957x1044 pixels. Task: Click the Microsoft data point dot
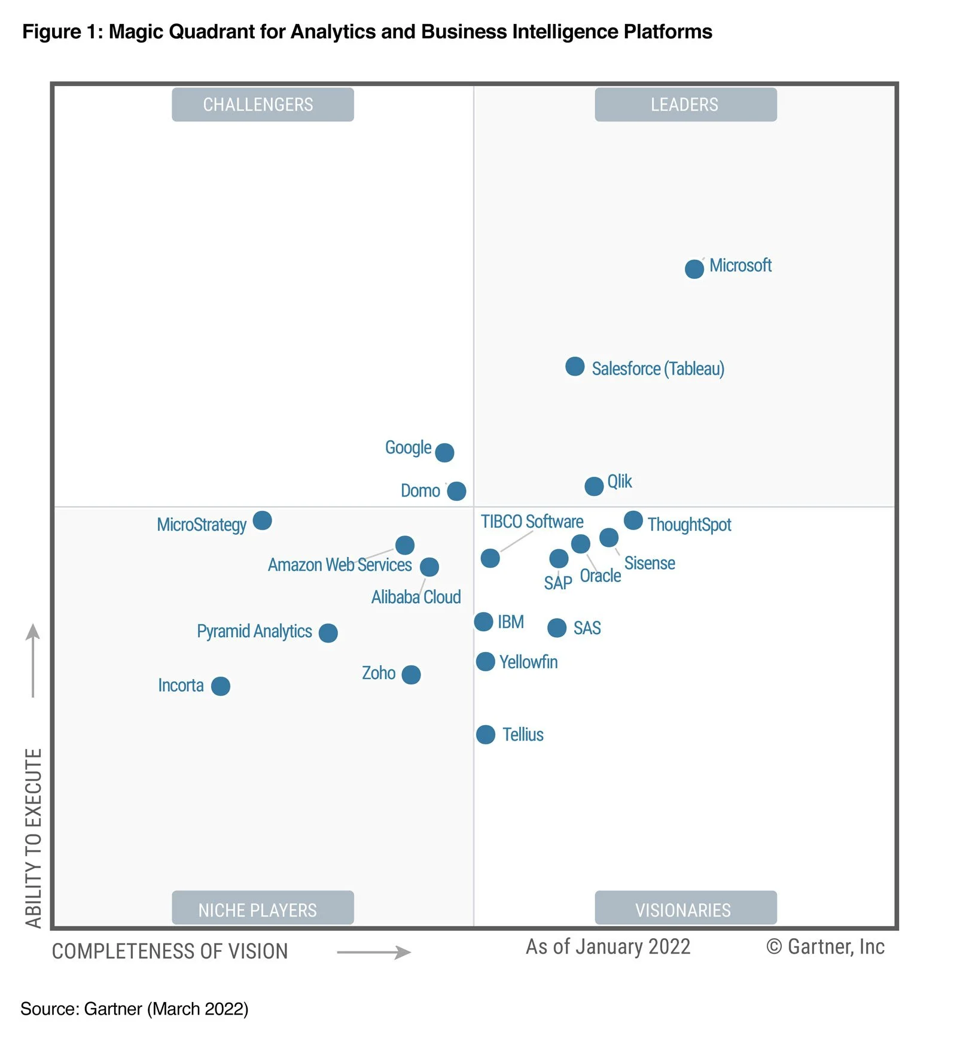694,269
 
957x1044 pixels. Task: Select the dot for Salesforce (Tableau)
574,366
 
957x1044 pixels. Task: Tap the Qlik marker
593,486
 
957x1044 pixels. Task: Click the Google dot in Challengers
444,452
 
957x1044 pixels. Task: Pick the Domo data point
456,491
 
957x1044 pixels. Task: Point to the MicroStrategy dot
262,520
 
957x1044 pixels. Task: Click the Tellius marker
485,734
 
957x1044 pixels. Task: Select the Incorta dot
220,686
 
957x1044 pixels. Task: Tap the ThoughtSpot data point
633,520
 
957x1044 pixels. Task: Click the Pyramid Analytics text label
254,631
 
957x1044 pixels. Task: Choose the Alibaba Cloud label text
416,597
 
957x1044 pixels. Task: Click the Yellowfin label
528,662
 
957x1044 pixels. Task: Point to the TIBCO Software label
532,522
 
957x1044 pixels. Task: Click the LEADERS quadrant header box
685,105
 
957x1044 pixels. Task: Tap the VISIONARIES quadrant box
685,909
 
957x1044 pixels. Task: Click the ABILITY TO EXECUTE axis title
33,838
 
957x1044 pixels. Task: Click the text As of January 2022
608,946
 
